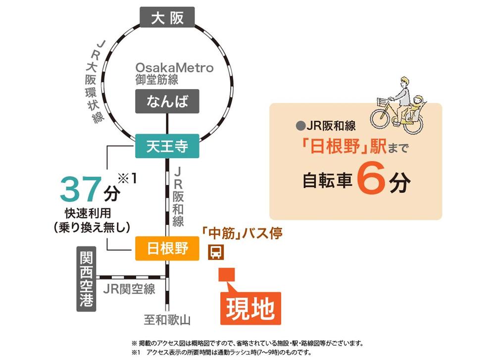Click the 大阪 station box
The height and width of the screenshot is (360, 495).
(167, 18)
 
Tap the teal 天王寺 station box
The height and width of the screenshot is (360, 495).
(167, 146)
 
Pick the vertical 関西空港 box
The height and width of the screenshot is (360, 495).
(87, 279)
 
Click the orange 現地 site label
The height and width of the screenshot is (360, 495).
(250, 309)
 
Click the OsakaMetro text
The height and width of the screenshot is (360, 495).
(175, 68)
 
